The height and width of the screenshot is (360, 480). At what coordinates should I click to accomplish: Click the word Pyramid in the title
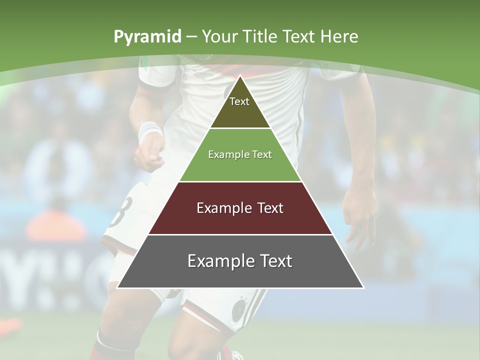[147, 36]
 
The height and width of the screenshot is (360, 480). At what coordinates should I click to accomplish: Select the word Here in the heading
[339, 36]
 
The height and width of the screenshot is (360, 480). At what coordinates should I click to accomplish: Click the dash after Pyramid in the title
[191, 37]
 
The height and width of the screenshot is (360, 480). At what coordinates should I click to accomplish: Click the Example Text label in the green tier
[240, 154]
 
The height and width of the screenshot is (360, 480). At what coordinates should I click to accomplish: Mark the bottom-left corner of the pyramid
[117, 287]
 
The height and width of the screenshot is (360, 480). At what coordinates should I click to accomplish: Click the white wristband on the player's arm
[149, 131]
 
